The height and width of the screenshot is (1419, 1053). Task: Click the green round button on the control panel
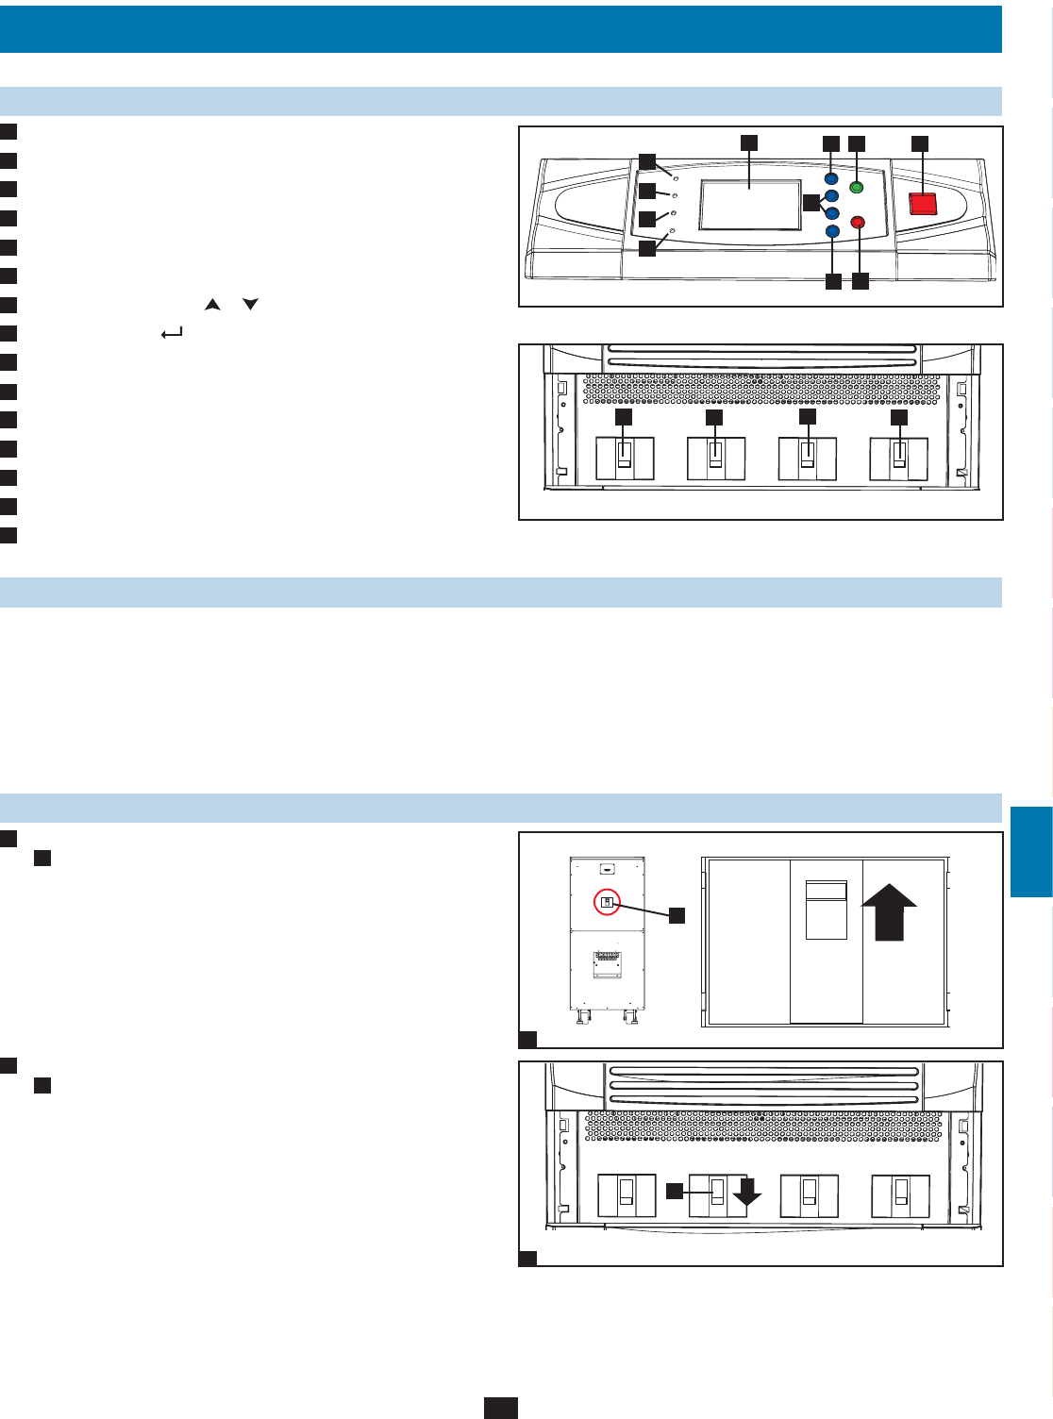click(857, 187)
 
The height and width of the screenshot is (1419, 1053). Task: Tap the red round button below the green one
click(858, 223)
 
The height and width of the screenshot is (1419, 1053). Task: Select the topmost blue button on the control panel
click(831, 178)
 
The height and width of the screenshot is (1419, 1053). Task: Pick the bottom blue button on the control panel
click(831, 231)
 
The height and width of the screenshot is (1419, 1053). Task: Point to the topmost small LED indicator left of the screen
click(676, 176)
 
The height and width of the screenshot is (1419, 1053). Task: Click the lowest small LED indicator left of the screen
click(672, 230)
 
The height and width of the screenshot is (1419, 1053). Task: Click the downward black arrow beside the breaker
click(747, 1193)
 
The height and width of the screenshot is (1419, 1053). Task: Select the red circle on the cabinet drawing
click(608, 903)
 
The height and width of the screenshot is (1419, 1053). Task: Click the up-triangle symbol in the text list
click(212, 305)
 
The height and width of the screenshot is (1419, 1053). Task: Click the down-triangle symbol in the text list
click(250, 305)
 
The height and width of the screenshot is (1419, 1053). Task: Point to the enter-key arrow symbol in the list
click(172, 333)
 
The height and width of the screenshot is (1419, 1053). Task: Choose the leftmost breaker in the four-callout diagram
click(625, 459)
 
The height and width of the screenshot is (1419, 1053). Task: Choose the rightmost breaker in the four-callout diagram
click(898, 459)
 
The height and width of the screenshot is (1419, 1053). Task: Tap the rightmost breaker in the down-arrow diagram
click(900, 1195)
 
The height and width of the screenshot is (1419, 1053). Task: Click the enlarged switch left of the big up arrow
click(826, 910)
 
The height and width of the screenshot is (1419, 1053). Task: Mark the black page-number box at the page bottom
click(501, 1408)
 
